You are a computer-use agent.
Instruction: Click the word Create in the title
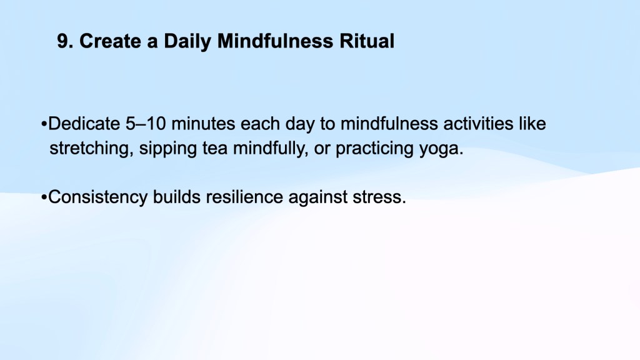[x=109, y=41]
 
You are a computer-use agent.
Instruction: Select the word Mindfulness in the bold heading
[x=275, y=41]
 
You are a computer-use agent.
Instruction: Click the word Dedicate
[x=84, y=124]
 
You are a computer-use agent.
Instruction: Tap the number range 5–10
[x=146, y=124]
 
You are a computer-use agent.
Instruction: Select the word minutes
[x=203, y=124]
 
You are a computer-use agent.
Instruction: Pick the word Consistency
[x=98, y=197]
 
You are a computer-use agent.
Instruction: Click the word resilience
[x=244, y=197]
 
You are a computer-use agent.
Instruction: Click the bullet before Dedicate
[x=44, y=124]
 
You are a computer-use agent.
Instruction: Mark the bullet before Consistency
[x=44, y=197]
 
